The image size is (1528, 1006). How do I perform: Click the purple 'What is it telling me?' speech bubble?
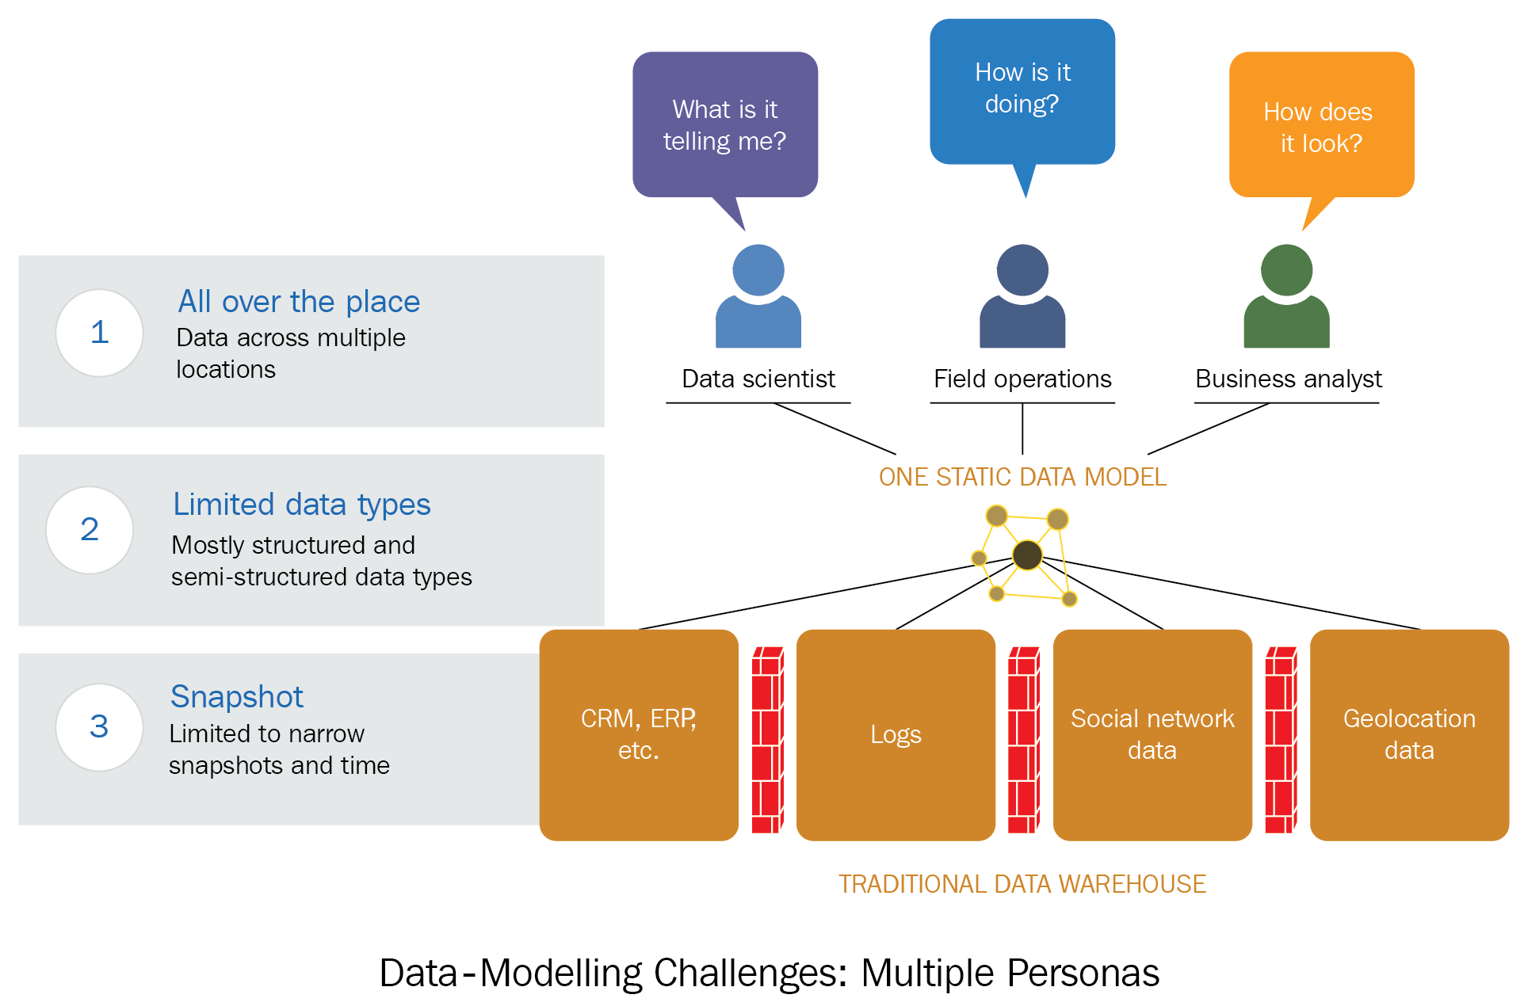724,125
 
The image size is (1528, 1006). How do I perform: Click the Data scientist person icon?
758,296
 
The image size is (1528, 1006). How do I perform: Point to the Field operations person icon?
1022,296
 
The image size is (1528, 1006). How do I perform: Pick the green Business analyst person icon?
1286,296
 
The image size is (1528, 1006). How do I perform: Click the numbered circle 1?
99,333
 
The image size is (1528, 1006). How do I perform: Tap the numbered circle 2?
90,529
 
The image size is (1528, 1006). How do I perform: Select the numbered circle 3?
99,726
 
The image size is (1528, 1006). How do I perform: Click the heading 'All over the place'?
299,302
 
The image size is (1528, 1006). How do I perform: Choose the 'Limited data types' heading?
301,505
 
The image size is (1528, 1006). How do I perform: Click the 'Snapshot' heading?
236,697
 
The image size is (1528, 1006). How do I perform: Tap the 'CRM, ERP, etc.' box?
639,734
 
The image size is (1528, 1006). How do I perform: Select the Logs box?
896,734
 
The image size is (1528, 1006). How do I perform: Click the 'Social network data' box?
1152,734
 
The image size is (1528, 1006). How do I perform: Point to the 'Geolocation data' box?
1409,734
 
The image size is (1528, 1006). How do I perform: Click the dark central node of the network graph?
1027,554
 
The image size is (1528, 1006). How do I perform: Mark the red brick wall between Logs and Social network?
1023,741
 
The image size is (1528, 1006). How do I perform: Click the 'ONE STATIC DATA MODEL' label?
1022,477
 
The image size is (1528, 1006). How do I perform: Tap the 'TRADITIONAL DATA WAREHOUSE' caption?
1022,884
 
